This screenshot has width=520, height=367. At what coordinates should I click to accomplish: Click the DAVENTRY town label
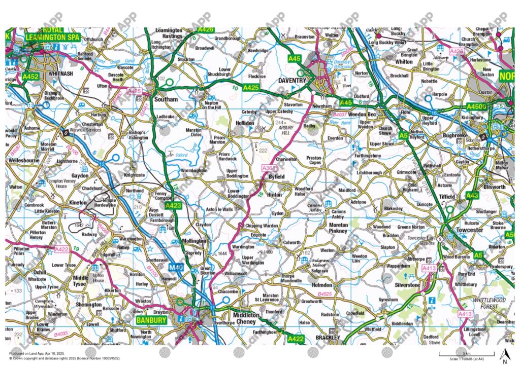coord(292,81)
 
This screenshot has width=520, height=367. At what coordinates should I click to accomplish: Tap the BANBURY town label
coord(151,320)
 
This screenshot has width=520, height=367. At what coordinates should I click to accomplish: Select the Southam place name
coord(166,99)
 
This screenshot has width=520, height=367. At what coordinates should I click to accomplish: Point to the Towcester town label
coord(470,230)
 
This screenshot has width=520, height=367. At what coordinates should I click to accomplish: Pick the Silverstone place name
coord(407,285)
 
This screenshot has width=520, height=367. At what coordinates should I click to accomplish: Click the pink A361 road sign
coord(269,168)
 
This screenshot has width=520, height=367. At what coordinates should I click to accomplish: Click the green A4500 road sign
coord(476,107)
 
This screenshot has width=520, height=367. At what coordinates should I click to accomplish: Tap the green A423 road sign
coord(173,205)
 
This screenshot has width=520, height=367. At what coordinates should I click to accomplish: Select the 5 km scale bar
coord(466,352)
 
